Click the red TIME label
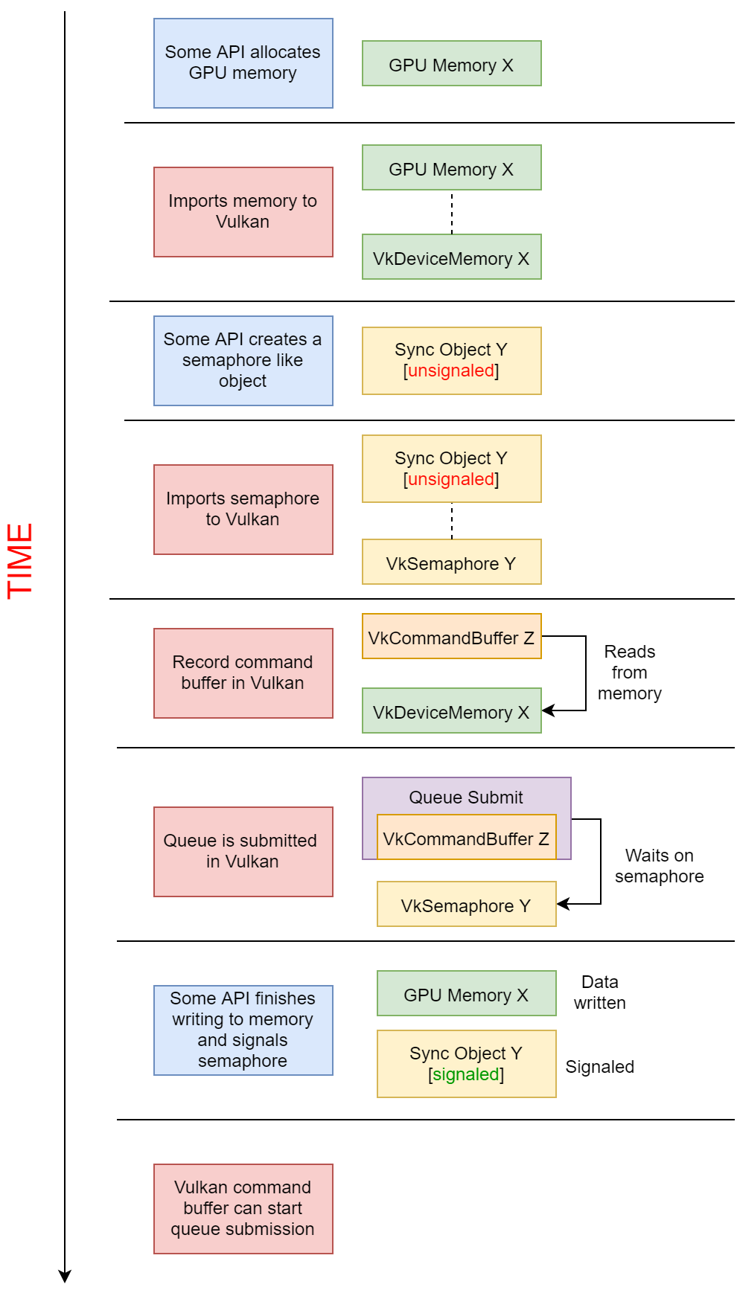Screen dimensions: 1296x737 click(x=20, y=560)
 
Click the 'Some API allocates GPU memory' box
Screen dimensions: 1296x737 click(x=243, y=63)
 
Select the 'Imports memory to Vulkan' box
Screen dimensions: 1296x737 click(x=243, y=212)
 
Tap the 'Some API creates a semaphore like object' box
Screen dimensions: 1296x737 click(x=243, y=361)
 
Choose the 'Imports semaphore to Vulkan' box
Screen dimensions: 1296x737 click(x=243, y=510)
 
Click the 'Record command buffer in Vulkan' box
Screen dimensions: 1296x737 click(x=243, y=673)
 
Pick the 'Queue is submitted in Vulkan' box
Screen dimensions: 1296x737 click(x=243, y=852)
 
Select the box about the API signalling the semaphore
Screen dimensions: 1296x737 click(x=243, y=1030)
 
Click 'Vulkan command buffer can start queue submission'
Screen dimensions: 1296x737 click(x=243, y=1209)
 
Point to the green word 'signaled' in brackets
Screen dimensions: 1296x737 click(x=466, y=1074)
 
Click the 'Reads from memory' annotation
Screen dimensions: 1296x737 click(x=629, y=673)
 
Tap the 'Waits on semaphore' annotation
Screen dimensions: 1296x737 click(x=659, y=866)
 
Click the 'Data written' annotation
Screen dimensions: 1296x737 click(x=599, y=992)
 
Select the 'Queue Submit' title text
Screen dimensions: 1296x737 click(x=466, y=798)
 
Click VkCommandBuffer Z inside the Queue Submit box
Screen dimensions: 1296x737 click(x=466, y=838)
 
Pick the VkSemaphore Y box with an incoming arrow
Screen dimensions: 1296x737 click(x=466, y=905)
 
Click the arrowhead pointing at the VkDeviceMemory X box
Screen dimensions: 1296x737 click(x=548, y=710)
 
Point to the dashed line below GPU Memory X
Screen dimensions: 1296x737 click(x=452, y=213)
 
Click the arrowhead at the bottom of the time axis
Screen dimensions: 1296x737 click(x=65, y=1277)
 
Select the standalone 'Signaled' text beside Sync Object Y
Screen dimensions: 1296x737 click(x=599, y=1067)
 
